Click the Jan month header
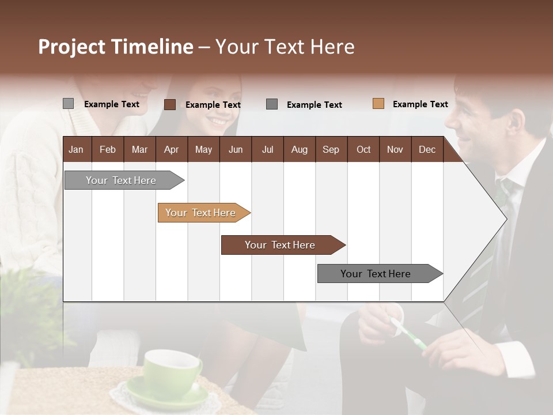pyautogui.click(x=76, y=149)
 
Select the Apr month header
pyautogui.click(x=171, y=149)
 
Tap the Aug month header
pyautogui.click(x=299, y=149)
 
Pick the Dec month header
pyautogui.click(x=427, y=149)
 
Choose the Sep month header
pyautogui.click(x=331, y=149)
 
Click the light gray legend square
pyautogui.click(x=68, y=104)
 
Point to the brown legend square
pyautogui.click(x=169, y=104)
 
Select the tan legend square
pyautogui.click(x=378, y=104)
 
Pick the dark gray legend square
pyautogui.click(x=272, y=104)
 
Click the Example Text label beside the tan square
pyautogui.click(x=420, y=104)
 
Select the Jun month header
pyautogui.click(x=235, y=149)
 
